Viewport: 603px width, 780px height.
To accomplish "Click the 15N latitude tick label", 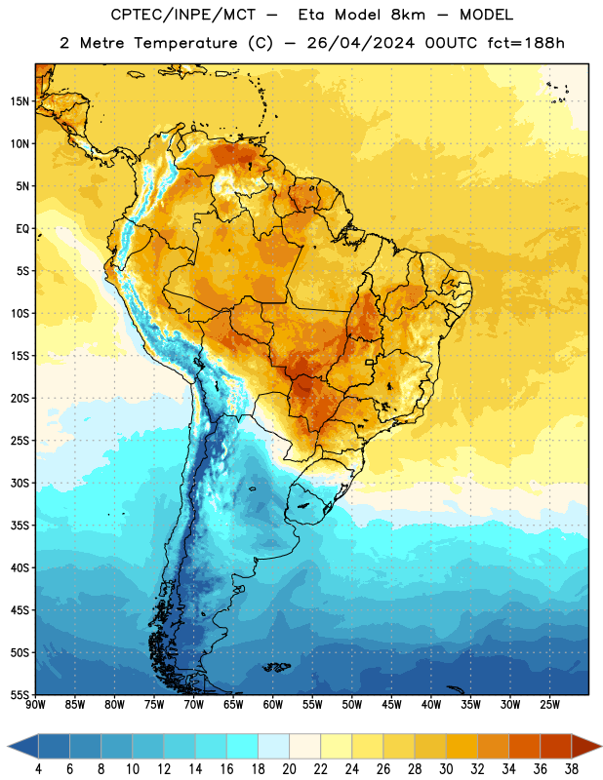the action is point(20,101).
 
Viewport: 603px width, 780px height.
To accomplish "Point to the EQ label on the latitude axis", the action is point(22,229).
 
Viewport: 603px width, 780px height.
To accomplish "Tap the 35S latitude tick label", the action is point(20,526).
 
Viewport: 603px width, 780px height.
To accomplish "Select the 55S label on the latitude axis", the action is point(20,694).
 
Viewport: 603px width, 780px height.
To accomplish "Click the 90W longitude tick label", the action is point(35,704).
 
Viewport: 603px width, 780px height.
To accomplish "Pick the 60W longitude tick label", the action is point(273,704).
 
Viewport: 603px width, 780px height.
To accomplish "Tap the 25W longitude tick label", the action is point(549,704).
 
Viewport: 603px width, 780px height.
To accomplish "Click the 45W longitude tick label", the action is point(391,704).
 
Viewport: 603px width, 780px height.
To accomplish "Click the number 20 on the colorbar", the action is point(289,769).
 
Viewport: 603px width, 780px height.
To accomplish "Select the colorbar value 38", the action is point(572,769).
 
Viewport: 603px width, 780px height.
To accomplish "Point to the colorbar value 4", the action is point(38,769).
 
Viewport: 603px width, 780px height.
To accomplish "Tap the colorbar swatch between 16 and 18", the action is point(243,746).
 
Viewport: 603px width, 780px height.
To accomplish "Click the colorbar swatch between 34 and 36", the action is point(525,746).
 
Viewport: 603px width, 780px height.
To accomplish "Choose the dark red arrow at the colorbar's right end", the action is point(585,746).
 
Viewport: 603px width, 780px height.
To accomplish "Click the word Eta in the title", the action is point(311,15).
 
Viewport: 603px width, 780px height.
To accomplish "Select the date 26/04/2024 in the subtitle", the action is point(360,43).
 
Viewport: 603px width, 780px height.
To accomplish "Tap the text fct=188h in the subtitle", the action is point(526,43).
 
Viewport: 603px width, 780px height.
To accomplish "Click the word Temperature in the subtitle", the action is point(185,43).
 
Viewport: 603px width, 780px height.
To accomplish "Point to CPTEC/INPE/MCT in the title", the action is point(183,15).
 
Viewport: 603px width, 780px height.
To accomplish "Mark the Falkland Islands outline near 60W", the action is point(277,667).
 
